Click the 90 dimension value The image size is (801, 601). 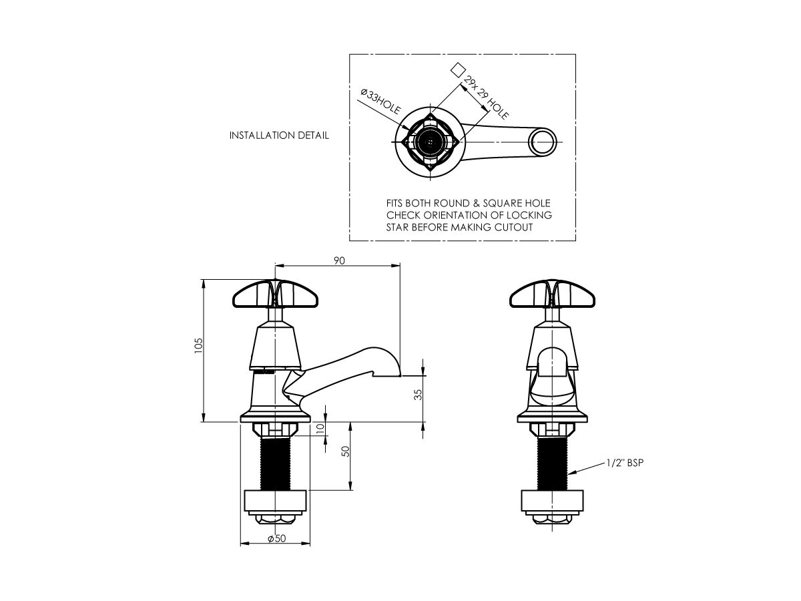pyautogui.click(x=339, y=261)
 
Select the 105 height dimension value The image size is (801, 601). pyautogui.click(x=199, y=345)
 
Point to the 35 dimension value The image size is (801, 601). pyautogui.click(x=419, y=394)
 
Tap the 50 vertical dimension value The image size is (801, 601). pyautogui.click(x=345, y=452)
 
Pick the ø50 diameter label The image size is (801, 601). pyautogui.click(x=276, y=540)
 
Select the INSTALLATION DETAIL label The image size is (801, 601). pyautogui.click(x=279, y=136)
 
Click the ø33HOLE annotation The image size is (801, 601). pyautogui.click(x=378, y=102)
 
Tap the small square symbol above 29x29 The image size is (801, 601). pyautogui.click(x=457, y=69)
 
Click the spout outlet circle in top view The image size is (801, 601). pyautogui.click(x=542, y=142)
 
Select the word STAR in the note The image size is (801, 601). pyautogui.click(x=399, y=228)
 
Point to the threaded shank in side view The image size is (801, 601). pyautogui.click(x=275, y=464)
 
